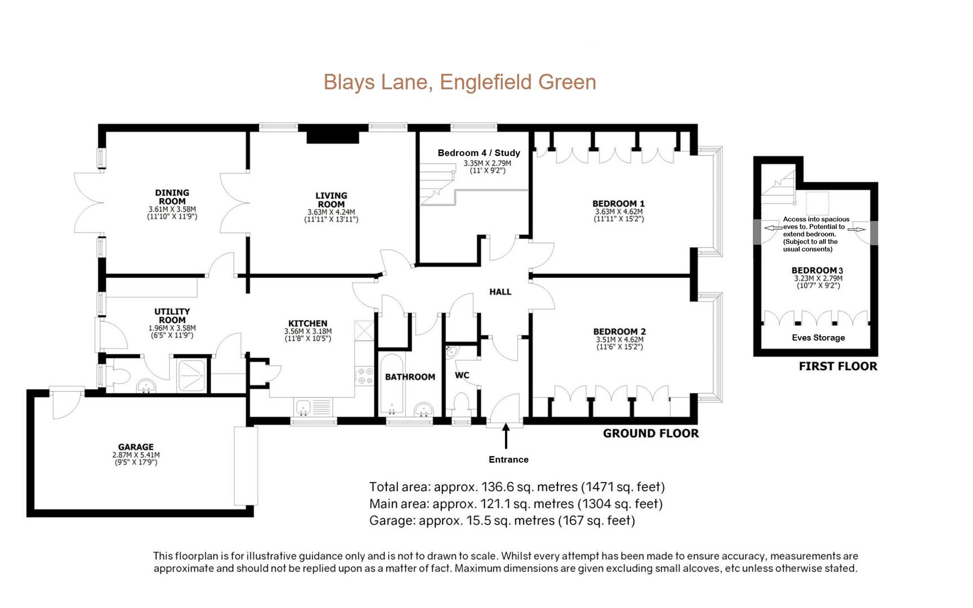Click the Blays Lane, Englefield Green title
pos(459,82)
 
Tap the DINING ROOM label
pos(172,197)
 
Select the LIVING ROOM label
pos(331,200)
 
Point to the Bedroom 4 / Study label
pos(479,153)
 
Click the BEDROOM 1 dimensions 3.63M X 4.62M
pos(618,212)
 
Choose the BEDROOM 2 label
pos(619,332)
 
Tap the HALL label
pos(500,292)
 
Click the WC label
pos(462,375)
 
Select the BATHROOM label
pos(410,377)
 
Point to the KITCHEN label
pos(307,323)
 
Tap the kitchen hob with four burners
pos(364,376)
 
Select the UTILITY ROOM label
pos(172,315)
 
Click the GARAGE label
pos(136,447)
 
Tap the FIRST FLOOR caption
pos(838,366)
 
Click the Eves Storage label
pos(818,338)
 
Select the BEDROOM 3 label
pos(817,270)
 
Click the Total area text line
pos(517,487)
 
